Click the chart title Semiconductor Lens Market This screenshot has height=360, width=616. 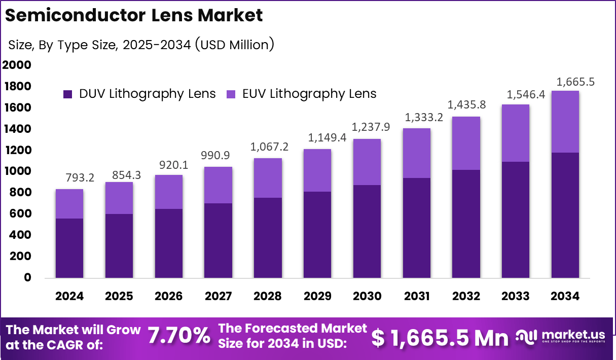[134, 15]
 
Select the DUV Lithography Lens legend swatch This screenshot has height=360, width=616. [68, 94]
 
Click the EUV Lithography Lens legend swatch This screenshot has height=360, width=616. [231, 94]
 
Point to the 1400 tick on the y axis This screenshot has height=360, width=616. [17, 129]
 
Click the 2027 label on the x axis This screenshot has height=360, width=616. [218, 296]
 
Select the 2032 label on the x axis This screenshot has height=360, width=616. [466, 296]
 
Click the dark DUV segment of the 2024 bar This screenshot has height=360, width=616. [69, 248]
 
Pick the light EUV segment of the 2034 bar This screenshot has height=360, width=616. [565, 122]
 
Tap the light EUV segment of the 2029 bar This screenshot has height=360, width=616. [317, 170]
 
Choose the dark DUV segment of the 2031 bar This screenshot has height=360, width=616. [416, 228]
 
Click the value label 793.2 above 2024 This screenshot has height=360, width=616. [80, 178]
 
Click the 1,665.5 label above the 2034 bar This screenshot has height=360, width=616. [575, 81]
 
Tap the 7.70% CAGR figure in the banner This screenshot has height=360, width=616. [179, 336]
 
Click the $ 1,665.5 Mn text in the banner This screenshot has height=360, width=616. [440, 338]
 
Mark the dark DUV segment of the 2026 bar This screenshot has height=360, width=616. [168, 243]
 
